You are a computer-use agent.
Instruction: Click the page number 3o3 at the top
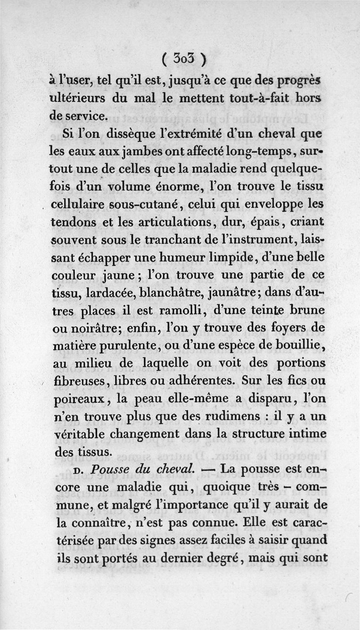point(184,59)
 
